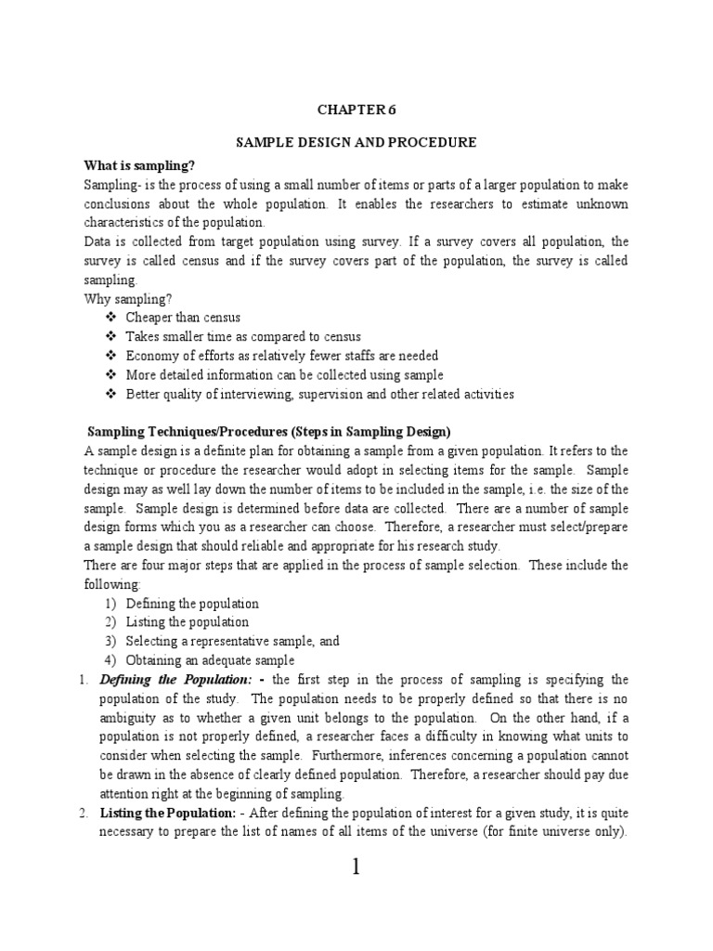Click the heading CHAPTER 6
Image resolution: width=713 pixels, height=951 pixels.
click(356, 109)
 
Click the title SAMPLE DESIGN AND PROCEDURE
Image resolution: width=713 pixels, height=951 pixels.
click(356, 142)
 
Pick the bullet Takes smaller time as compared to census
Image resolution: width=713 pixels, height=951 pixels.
click(243, 336)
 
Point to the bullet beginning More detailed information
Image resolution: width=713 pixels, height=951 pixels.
click(284, 374)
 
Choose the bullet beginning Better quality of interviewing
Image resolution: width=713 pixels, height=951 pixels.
click(319, 394)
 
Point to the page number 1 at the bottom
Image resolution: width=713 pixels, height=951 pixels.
click(356, 867)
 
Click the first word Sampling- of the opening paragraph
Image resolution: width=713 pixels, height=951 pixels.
click(110, 185)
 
